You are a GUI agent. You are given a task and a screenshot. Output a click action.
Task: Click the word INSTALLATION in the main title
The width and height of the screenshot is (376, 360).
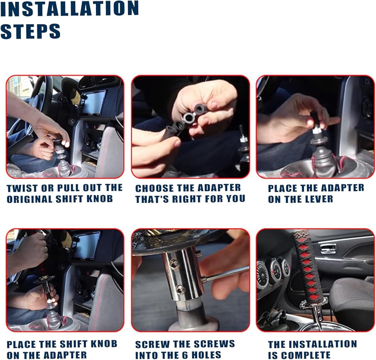tap(70, 9)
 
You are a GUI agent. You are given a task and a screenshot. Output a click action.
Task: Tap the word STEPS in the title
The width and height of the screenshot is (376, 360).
tap(30, 31)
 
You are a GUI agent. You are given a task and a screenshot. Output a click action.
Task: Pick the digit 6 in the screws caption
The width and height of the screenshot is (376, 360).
tap(179, 355)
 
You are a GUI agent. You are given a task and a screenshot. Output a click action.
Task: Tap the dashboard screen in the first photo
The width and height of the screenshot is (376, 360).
tap(92, 103)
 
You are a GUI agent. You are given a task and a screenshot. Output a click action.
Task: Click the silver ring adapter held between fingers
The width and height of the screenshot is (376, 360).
tap(188, 117)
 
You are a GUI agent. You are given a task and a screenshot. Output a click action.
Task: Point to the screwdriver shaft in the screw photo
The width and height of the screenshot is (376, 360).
tap(227, 273)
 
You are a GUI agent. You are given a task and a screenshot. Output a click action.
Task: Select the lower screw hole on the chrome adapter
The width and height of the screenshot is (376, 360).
tap(182, 290)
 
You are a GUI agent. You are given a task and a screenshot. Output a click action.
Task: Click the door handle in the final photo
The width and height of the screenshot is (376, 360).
tap(328, 249)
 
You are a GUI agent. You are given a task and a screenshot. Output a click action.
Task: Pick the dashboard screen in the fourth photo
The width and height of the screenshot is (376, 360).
tap(86, 246)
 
